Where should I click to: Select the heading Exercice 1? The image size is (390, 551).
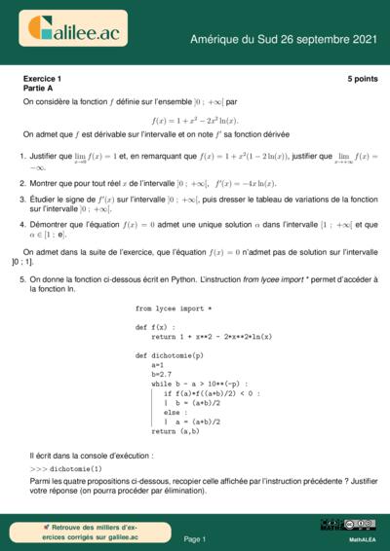click(x=42, y=78)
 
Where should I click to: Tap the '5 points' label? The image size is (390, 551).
click(x=361, y=78)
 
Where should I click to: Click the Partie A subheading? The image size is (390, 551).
click(x=38, y=89)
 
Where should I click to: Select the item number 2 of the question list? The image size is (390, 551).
click(x=22, y=183)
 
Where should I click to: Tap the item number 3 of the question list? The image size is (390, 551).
click(x=22, y=199)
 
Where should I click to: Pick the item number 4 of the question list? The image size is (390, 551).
click(x=22, y=224)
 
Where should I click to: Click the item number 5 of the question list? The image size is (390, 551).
click(x=22, y=278)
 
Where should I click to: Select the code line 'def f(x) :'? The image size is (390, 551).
click(x=156, y=327)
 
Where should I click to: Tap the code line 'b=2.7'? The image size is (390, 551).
click(x=161, y=374)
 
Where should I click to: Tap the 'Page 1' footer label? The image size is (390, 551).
click(x=194, y=538)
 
